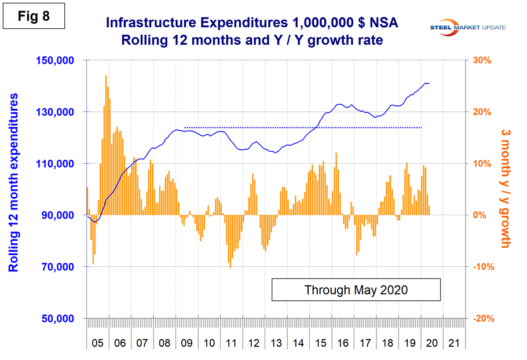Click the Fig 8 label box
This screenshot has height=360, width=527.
coord(32,16)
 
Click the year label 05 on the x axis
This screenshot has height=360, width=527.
coord(98,343)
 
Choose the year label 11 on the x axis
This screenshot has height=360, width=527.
coord(230,343)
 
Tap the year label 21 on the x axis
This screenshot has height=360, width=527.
coord(453,343)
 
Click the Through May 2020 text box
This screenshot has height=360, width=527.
coord(356,289)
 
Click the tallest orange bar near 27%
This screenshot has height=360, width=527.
coord(106,145)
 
